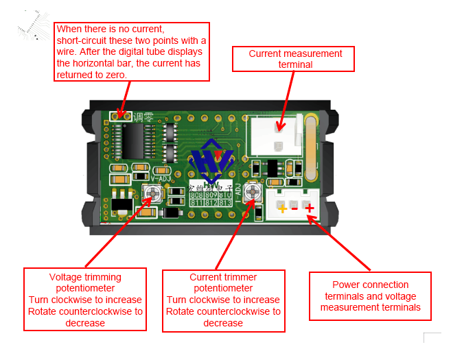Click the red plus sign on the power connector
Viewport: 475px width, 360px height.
tap(310, 208)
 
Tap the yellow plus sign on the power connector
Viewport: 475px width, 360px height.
tap(281, 208)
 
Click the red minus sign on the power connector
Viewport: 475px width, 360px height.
tap(295, 208)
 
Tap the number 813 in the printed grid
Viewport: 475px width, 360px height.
tap(226, 203)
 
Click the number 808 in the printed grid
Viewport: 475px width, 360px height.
tap(197, 195)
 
